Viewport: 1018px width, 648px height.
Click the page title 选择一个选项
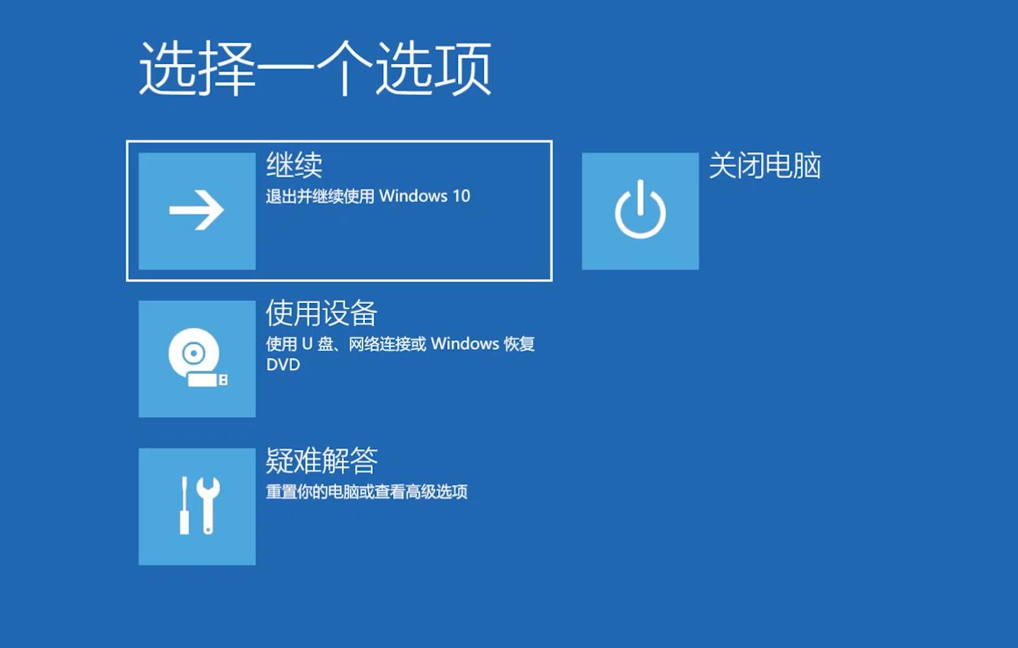click(315, 69)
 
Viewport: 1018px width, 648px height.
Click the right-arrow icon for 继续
click(197, 211)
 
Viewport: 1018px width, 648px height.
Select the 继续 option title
click(294, 165)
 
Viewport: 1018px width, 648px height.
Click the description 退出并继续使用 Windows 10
click(367, 196)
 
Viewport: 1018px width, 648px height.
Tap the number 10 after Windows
click(461, 196)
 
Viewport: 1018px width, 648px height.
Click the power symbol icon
click(640, 211)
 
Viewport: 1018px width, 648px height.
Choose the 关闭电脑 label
click(764, 165)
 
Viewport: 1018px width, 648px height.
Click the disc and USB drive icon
click(197, 359)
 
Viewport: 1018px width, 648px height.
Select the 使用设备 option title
click(322, 313)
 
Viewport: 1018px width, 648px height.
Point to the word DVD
click(283, 365)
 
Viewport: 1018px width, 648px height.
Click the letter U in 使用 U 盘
click(307, 344)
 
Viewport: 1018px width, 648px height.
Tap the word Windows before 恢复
click(465, 344)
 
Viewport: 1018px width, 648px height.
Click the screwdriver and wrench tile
click(197, 506)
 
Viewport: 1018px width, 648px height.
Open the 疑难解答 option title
click(322, 461)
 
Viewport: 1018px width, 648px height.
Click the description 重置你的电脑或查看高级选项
click(366, 492)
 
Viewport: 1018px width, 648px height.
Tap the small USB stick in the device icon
click(207, 379)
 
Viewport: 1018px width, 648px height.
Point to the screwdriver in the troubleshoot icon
click(184, 505)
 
